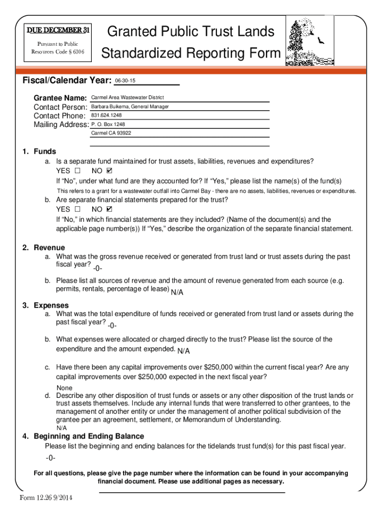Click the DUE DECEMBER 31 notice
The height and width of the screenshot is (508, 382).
tap(58, 30)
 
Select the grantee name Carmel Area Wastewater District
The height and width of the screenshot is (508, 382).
tap(127, 98)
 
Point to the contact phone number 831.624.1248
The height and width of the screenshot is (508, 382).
tap(107, 116)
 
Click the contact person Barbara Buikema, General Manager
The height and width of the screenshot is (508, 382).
tap(130, 107)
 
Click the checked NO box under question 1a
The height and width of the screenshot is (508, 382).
tap(110, 171)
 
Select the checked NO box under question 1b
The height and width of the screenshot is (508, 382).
tap(110, 209)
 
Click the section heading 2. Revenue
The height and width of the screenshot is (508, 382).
tap(44, 248)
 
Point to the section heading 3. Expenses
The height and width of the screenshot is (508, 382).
tap(46, 306)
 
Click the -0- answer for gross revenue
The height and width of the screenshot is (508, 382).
tap(98, 268)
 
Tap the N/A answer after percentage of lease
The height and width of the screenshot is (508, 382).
tap(177, 292)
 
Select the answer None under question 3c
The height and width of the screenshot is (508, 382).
tap(64, 388)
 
